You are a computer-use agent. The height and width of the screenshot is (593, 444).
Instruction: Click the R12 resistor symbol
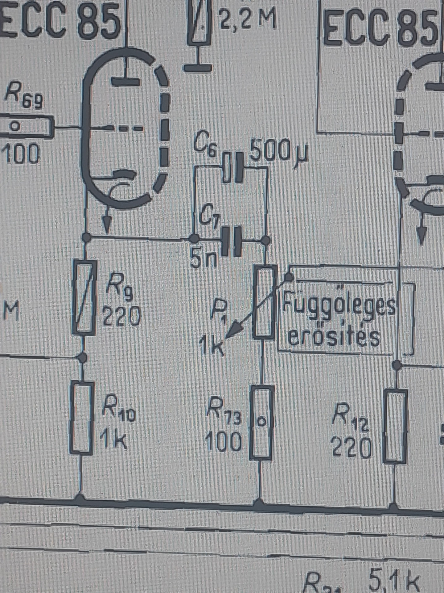pyautogui.click(x=395, y=426)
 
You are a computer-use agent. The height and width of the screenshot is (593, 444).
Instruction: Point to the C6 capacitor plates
pyautogui.click(x=233, y=168)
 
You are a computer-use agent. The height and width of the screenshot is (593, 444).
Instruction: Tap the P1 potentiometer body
pyautogui.click(x=264, y=302)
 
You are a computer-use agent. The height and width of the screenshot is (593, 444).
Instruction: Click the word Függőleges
pyautogui.click(x=339, y=304)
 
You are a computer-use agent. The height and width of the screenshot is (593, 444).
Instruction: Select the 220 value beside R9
pyautogui.click(x=121, y=316)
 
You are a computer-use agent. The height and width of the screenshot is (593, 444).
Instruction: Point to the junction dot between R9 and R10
pyautogui.click(x=82, y=358)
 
